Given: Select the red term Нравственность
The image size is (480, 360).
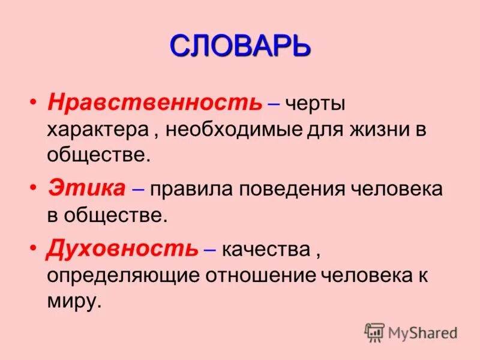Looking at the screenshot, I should click(155, 103).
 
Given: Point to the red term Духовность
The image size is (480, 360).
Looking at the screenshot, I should click(122, 247).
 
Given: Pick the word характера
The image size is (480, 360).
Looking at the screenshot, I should click(98, 130).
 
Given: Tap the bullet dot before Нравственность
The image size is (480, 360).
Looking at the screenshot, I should click(34, 102).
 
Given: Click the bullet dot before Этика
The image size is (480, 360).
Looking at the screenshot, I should click(34, 188).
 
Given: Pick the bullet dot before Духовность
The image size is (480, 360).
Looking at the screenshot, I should click(34, 247).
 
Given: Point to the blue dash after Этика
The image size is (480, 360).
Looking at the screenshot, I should click(137, 189).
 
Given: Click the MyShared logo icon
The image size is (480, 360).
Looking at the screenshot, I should click(374, 332).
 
